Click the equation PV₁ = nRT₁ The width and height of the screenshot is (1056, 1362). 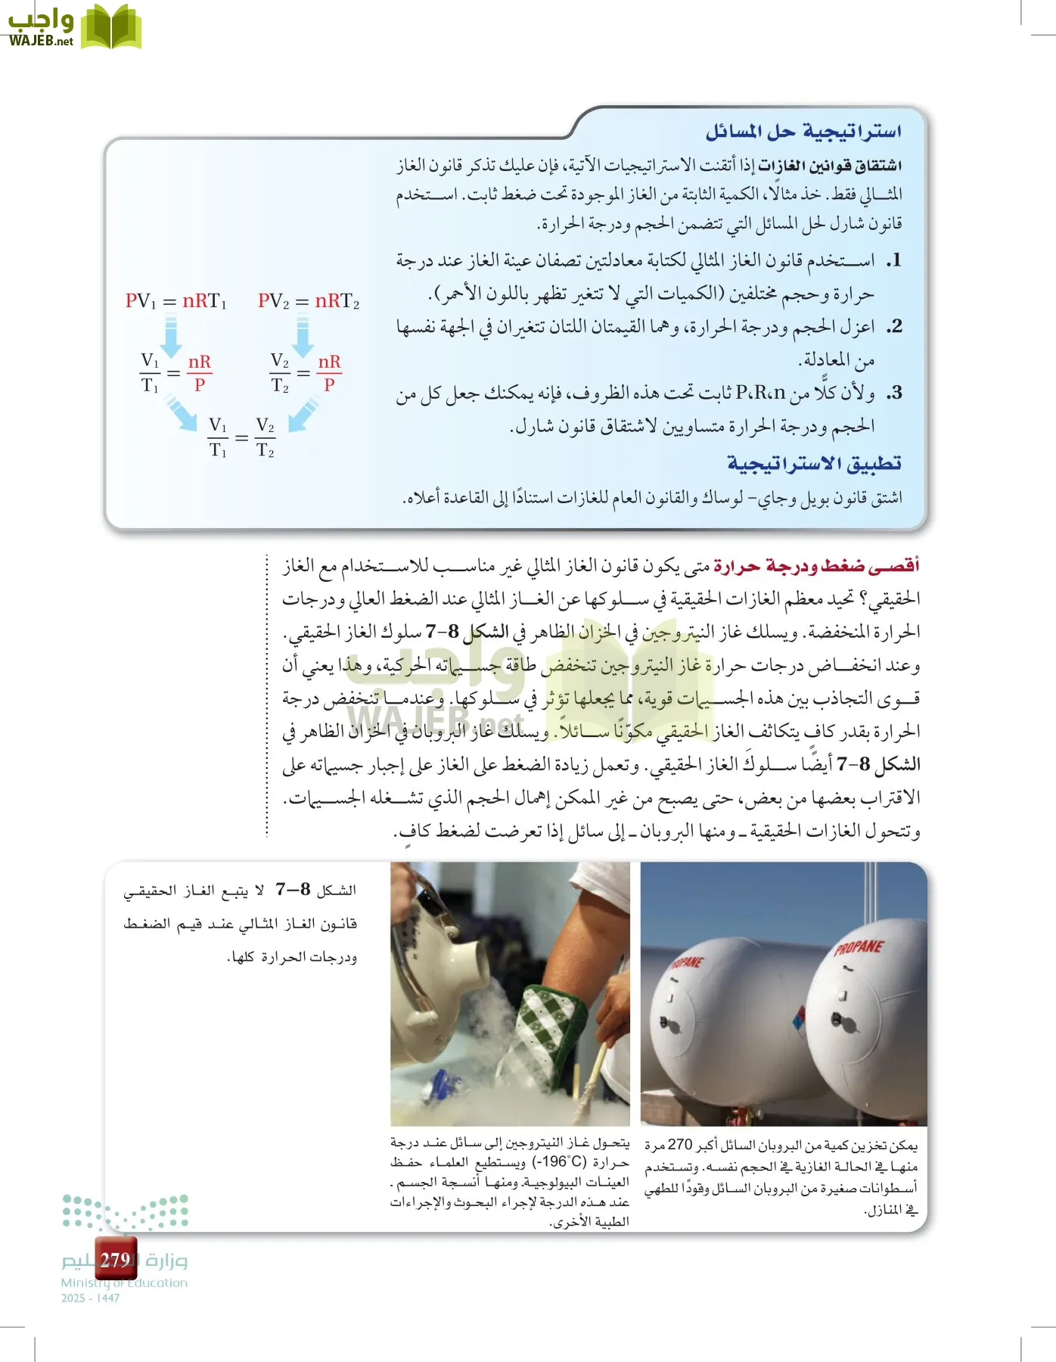click(x=175, y=301)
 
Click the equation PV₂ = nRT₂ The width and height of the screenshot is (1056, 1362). click(x=308, y=301)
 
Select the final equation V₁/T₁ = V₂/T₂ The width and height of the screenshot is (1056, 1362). click(x=241, y=438)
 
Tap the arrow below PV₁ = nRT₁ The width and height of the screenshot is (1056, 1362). click(x=171, y=336)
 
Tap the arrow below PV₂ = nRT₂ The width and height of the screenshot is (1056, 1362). click(x=303, y=336)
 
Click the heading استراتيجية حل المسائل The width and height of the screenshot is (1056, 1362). click(x=803, y=132)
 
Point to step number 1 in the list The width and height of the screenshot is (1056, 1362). click(x=893, y=261)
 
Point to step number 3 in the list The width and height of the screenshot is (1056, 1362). click(x=893, y=393)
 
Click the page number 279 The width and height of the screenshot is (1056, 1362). click(x=115, y=1259)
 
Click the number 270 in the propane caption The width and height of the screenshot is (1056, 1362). click(x=679, y=1145)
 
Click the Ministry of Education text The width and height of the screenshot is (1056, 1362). click(x=124, y=1283)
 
